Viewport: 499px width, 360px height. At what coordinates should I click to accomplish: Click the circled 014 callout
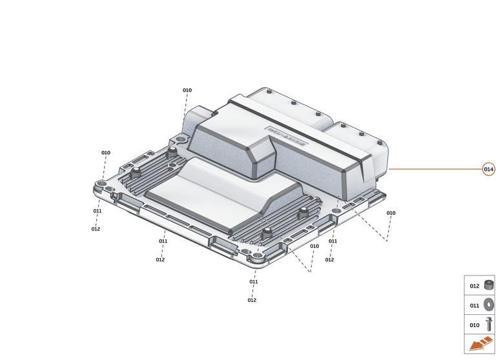[489, 169]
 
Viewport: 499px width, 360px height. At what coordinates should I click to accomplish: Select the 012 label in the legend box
[474, 286]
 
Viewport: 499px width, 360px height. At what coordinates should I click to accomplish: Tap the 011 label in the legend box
[474, 306]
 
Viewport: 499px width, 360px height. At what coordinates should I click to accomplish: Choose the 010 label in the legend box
[474, 325]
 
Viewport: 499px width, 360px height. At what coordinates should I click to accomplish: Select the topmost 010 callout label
[187, 90]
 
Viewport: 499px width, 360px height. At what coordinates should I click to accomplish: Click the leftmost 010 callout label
[106, 153]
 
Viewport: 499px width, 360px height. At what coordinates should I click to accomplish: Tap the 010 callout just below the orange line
[391, 213]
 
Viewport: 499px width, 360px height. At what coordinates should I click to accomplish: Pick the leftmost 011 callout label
[97, 211]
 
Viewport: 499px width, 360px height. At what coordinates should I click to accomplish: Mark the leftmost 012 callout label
[96, 229]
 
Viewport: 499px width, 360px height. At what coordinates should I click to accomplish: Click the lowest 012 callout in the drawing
[252, 300]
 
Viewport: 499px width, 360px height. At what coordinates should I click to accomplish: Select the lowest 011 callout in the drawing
[254, 282]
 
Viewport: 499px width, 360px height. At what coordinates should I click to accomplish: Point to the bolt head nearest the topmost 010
[172, 152]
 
